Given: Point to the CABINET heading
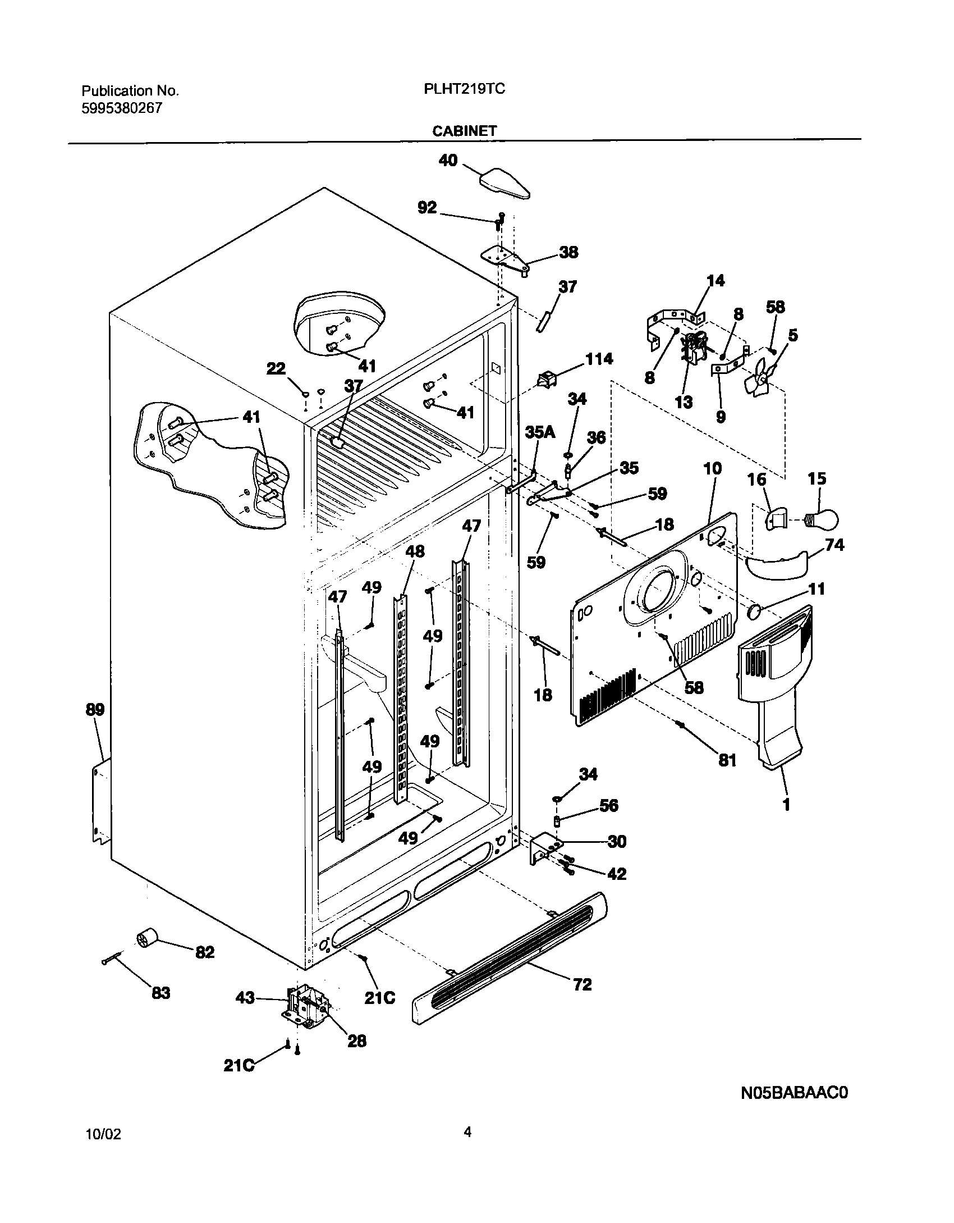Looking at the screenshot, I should tap(464, 131).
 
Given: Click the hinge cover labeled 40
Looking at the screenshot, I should tap(504, 184).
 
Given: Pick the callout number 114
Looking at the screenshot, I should tap(599, 358).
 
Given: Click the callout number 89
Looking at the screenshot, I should tap(95, 709).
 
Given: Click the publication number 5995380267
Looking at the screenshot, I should tap(121, 108).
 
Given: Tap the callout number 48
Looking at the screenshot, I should tap(415, 551).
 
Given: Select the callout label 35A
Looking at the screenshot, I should tap(540, 432).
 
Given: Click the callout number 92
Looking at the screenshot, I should tap(427, 207).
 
